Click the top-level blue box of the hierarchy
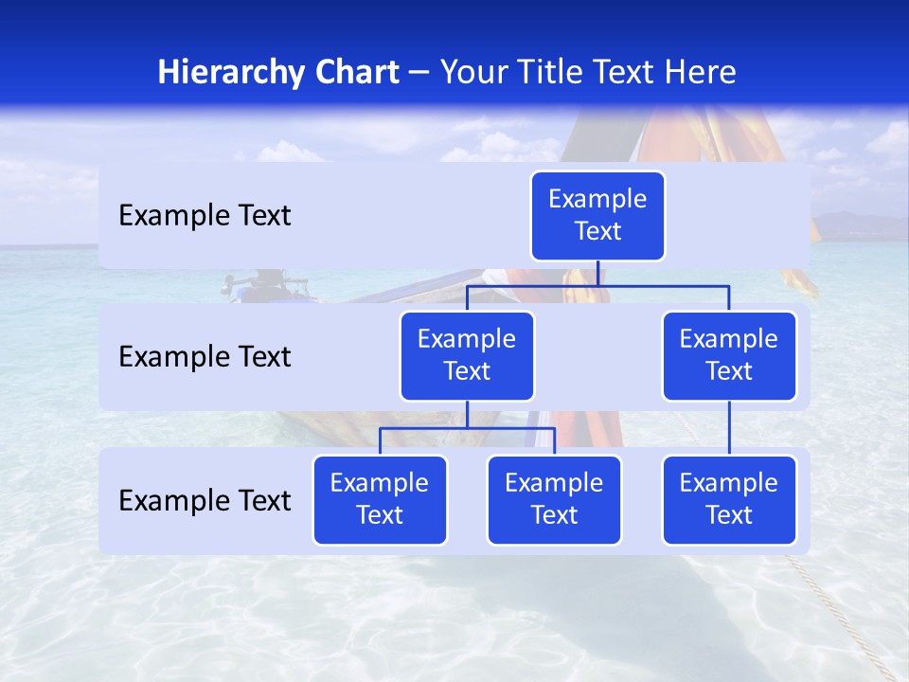(x=597, y=216)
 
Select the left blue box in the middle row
(x=467, y=356)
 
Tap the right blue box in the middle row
(x=729, y=356)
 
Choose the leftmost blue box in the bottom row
(x=380, y=500)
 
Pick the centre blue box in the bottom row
(x=554, y=500)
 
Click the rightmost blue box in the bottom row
(x=729, y=500)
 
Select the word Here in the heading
(x=701, y=73)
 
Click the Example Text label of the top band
(x=205, y=216)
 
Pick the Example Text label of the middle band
(x=205, y=357)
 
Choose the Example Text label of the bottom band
(x=205, y=501)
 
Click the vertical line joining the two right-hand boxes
(x=729, y=428)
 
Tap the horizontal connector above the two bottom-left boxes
(x=467, y=428)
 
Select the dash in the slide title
(x=419, y=73)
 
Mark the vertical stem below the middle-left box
(x=467, y=415)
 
